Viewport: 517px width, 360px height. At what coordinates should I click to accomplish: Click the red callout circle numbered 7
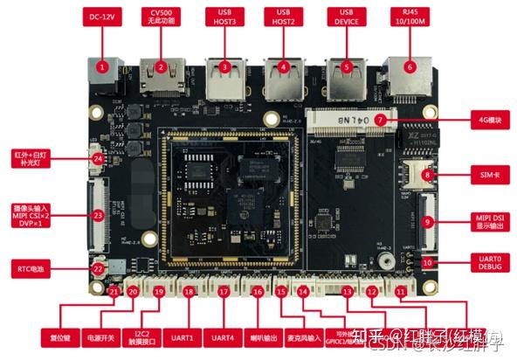tap(381, 119)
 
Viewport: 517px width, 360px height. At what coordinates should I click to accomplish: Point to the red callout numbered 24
tap(98, 158)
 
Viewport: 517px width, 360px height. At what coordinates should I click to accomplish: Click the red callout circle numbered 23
tap(98, 215)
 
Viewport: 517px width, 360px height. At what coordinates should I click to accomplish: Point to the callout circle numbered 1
tap(102, 66)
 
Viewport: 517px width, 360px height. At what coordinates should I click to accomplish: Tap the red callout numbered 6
tap(409, 66)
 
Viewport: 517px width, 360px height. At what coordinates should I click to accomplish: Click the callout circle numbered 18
tap(190, 293)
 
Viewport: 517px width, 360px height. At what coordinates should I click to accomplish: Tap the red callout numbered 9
tap(427, 222)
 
